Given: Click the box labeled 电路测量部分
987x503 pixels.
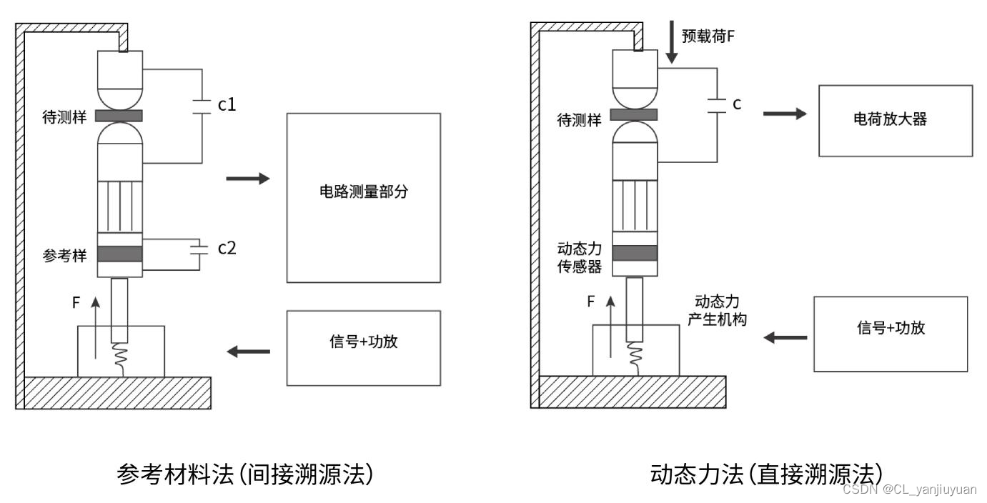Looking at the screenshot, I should point(363,197).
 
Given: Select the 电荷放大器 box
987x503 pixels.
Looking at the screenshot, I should point(895,120).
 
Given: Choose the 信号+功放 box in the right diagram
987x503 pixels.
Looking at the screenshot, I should point(891,334).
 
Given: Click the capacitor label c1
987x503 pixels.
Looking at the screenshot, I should point(227,105).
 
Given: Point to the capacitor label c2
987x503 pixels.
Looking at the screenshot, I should point(227,248).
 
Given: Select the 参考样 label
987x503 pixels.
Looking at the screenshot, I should point(64,255).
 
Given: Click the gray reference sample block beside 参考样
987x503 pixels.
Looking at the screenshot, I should point(120,254).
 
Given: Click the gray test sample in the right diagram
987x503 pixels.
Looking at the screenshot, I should point(635,114).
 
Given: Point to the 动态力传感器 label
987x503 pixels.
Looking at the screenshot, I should point(579,258).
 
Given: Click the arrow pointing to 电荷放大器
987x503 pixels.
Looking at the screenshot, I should point(785,114).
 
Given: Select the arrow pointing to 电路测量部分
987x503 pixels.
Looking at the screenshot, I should point(248,179).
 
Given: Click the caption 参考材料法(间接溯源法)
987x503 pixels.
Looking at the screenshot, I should point(245,474).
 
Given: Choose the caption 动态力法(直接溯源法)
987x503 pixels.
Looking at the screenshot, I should point(767,474).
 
